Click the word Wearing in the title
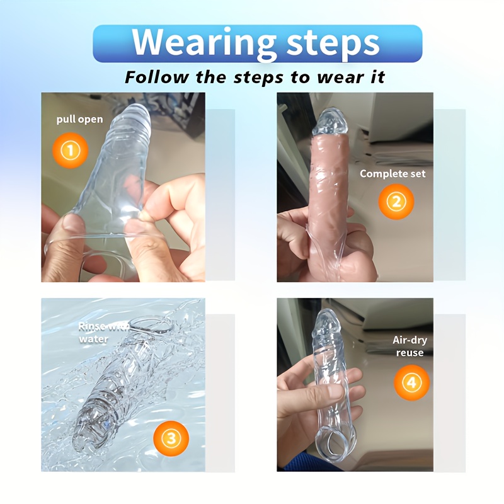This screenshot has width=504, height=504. tap(203, 43)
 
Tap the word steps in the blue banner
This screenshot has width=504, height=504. tap(333, 44)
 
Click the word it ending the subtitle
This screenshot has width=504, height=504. tap(378, 77)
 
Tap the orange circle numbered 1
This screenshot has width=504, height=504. tap(71, 151)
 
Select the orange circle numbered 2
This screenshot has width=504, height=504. tap(396, 202)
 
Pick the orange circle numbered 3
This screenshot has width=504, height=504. tap(171, 438)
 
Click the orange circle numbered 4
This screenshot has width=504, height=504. tap(412, 382)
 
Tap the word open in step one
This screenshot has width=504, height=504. tap(90, 120)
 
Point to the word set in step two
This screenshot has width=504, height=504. tap(418, 174)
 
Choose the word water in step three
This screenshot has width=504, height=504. tap(93, 339)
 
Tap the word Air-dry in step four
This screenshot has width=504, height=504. tap(409, 340)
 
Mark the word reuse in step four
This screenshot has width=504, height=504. tap(409, 353)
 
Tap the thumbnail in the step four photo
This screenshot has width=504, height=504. tap(333, 392)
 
